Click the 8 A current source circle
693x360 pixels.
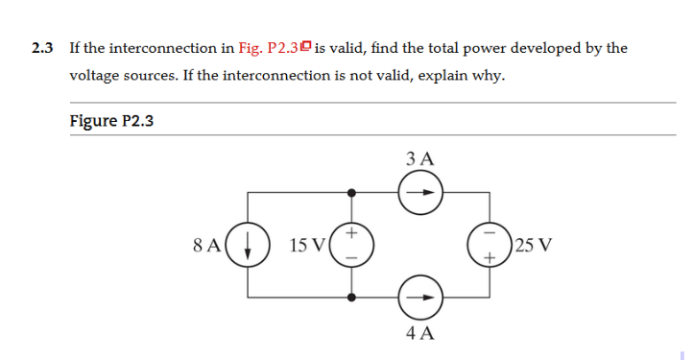coord(250,246)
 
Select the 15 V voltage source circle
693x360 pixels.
coord(351,246)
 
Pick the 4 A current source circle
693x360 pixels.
coord(419,297)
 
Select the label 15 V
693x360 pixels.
coord(307,246)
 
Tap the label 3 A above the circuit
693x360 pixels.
coord(419,157)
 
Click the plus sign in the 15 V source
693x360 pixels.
coord(352,233)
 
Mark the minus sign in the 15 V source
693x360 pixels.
coord(352,258)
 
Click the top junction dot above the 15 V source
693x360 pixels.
coord(352,193)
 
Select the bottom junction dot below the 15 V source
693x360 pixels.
coord(352,298)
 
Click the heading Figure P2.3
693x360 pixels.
coord(112,121)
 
